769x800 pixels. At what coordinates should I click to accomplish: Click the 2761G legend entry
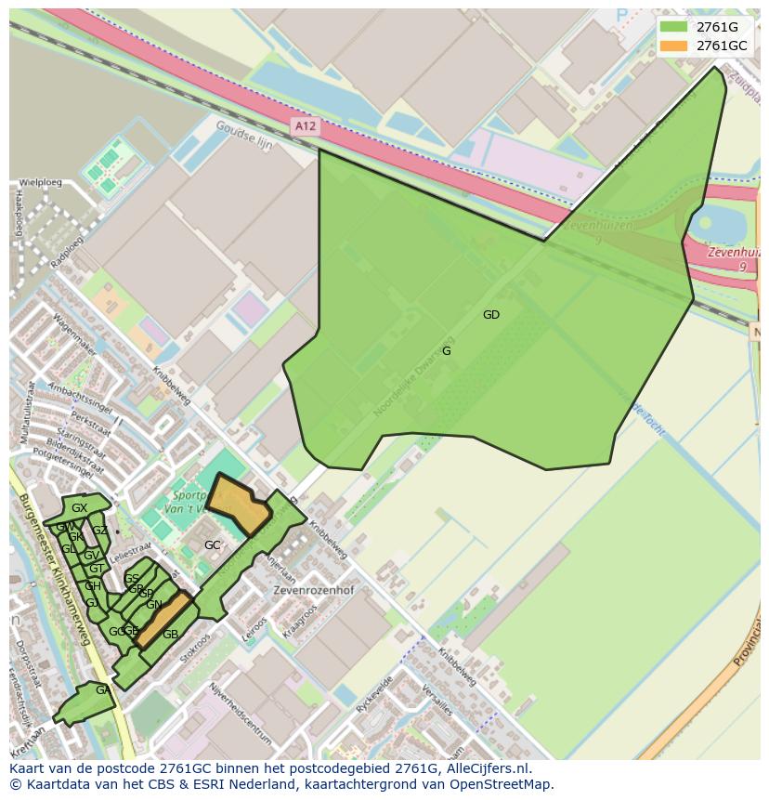(x=717, y=26)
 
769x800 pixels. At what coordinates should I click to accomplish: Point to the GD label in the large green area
(x=491, y=315)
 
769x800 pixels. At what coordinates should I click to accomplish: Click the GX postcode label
(x=79, y=508)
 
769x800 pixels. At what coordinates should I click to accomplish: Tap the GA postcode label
(x=102, y=690)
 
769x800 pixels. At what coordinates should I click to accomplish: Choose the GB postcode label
(x=170, y=635)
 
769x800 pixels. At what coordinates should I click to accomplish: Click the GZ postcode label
(x=99, y=531)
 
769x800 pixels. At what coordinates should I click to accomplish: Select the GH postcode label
(x=93, y=586)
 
